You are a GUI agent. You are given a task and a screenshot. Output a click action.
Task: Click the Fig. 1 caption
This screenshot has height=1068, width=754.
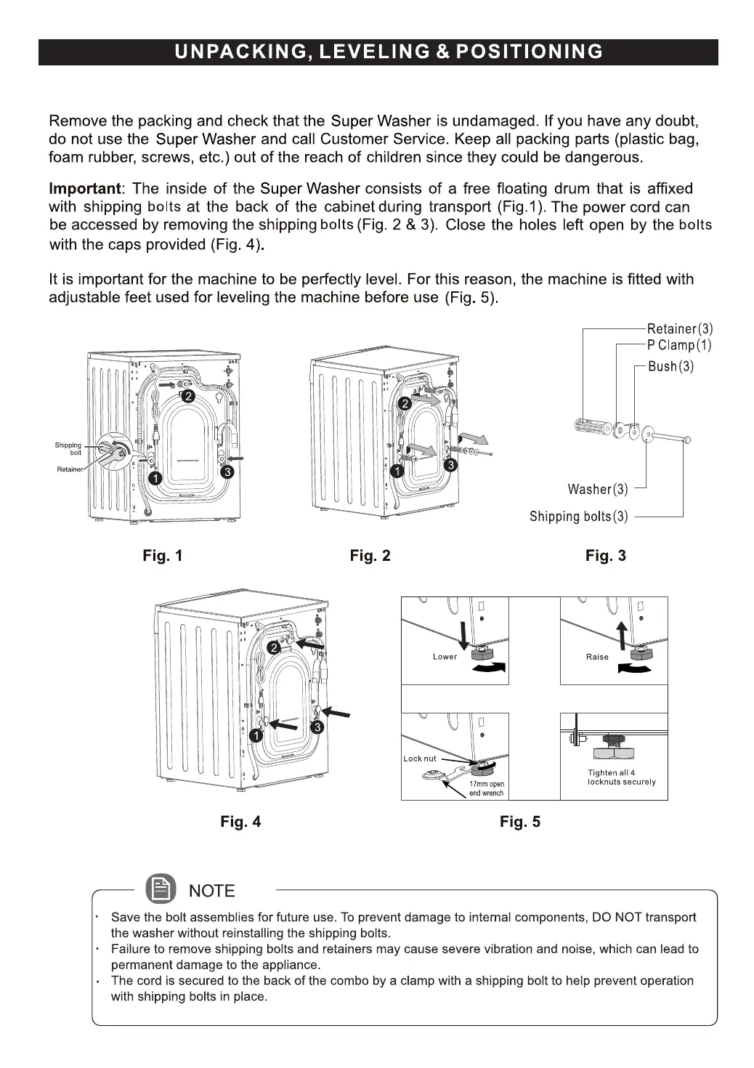[x=163, y=556]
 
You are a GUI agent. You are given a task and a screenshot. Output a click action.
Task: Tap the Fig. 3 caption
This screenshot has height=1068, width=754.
[x=605, y=556]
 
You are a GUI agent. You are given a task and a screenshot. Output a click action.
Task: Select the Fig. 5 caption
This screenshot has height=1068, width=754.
[x=520, y=822]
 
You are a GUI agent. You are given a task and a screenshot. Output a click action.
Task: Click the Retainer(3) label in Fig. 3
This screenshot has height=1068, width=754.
[x=680, y=329]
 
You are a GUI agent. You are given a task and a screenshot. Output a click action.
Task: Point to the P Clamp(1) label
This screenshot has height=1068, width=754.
[x=679, y=346]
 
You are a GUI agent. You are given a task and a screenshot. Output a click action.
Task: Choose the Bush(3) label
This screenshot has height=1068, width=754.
[x=670, y=366]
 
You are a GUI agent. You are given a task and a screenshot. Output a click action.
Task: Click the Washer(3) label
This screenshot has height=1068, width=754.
[x=598, y=489]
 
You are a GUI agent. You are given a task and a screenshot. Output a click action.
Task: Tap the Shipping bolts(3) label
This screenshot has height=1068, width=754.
[x=578, y=517]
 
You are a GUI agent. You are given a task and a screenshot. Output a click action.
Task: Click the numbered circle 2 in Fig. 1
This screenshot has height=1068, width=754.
[x=187, y=397]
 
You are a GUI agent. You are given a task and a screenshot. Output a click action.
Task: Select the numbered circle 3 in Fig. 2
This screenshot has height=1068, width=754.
[x=451, y=465]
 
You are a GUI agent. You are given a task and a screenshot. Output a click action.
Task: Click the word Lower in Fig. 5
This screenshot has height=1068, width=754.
[x=445, y=657]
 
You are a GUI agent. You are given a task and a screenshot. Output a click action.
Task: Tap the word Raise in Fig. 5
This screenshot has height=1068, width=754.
[x=597, y=657]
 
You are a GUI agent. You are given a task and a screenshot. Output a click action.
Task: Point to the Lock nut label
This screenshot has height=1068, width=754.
[x=420, y=758]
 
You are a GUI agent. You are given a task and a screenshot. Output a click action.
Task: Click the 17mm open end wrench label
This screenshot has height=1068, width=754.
[x=486, y=788]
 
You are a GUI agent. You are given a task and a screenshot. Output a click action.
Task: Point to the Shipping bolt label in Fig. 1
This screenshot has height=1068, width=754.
[x=68, y=448]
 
